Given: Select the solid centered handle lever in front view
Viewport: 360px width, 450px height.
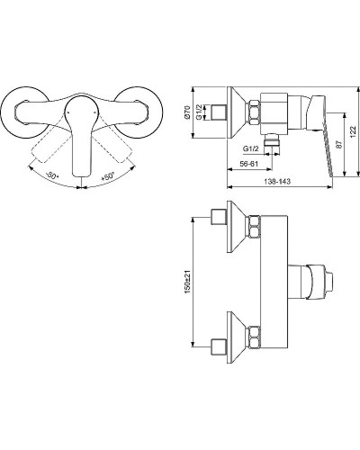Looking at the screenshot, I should click(x=79, y=135).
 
